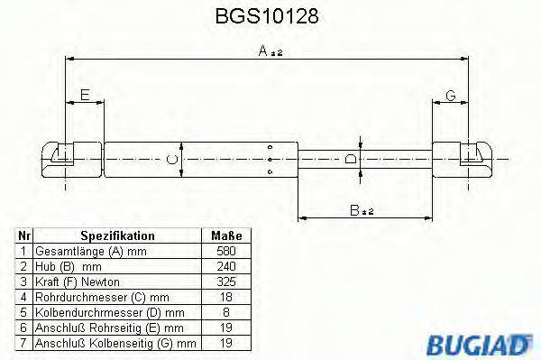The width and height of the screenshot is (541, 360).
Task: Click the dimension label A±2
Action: (x=270, y=52)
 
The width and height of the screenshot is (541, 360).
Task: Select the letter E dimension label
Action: (x=84, y=96)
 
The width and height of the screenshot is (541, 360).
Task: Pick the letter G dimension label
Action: (x=451, y=96)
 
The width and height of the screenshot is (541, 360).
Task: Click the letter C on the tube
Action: (x=172, y=160)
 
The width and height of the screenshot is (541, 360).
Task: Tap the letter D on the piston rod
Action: (x=351, y=160)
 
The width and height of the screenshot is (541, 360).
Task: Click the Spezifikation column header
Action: (x=114, y=235)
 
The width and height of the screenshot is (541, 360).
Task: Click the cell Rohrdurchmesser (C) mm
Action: (x=89, y=295)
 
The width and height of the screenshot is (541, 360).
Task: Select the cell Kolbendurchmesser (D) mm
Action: (x=95, y=310)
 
